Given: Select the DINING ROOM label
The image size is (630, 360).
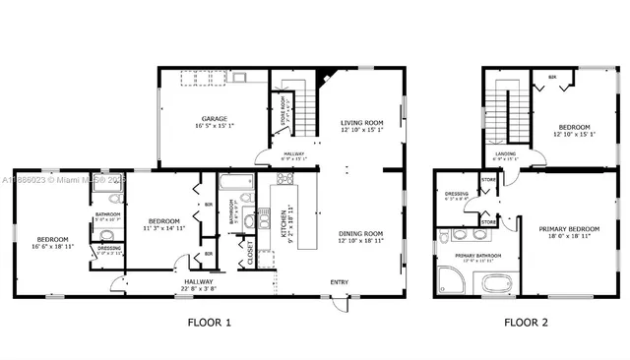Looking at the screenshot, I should click(x=359, y=232).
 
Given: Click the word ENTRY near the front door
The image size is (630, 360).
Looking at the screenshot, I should click(x=339, y=282).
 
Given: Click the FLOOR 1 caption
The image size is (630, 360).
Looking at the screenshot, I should click(x=209, y=322).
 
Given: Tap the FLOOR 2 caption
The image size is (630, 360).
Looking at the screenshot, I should click(x=527, y=322).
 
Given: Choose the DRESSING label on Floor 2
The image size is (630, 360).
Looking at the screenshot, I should click(x=456, y=194).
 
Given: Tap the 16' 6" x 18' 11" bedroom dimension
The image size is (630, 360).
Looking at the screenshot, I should click(x=53, y=246).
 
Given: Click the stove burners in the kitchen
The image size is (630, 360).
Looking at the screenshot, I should click(x=285, y=179).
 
